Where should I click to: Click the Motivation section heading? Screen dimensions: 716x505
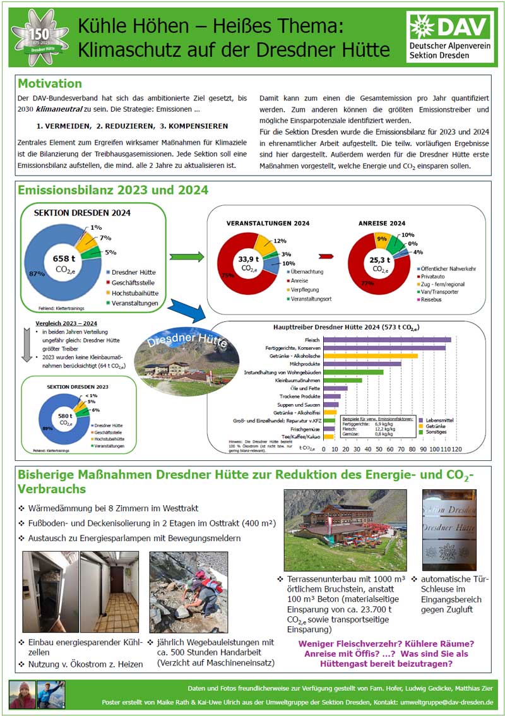tap(50, 84)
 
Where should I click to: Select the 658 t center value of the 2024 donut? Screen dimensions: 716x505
tap(62, 259)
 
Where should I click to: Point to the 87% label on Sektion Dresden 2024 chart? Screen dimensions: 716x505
tap(37, 273)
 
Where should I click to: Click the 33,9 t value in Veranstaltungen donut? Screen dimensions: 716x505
tap(249, 259)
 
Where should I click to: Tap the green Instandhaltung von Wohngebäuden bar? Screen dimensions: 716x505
tap(353, 373)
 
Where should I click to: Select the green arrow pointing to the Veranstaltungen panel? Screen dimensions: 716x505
tap(187, 256)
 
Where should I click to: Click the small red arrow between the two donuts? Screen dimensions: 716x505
tap(326, 256)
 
